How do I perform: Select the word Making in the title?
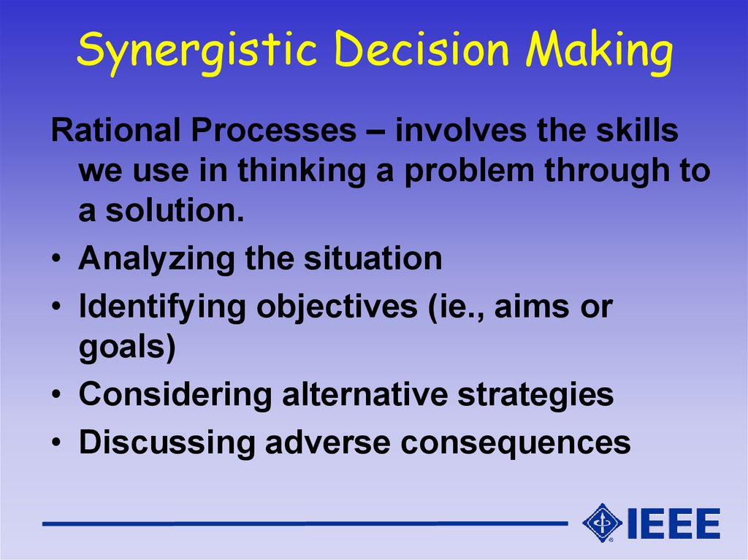pyautogui.click(x=599, y=52)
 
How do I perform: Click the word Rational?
pyautogui.click(x=116, y=130)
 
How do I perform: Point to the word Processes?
pyautogui.click(x=274, y=131)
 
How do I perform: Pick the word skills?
pyautogui.click(x=637, y=130)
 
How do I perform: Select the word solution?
pyautogui.click(x=175, y=210)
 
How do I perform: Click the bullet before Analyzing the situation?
pyautogui.click(x=57, y=258)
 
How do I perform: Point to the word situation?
pyautogui.click(x=373, y=258)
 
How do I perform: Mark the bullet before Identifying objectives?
pyautogui.click(x=57, y=306)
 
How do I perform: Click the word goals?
pyautogui.click(x=127, y=348)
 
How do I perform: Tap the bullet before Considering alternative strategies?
pyautogui.click(x=57, y=394)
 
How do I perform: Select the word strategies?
pyautogui.click(x=535, y=396)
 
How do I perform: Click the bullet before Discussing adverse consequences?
pyautogui.click(x=57, y=442)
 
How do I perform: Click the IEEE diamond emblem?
pyautogui.click(x=602, y=523)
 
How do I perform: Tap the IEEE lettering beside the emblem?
pyautogui.click(x=673, y=523)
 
